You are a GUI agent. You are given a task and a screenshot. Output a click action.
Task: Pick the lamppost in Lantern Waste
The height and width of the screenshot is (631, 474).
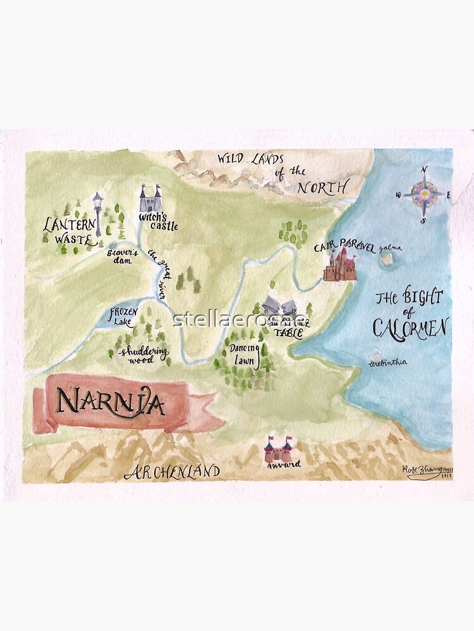(x=97, y=215)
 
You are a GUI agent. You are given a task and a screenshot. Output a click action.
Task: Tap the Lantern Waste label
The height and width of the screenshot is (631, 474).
(x=70, y=231)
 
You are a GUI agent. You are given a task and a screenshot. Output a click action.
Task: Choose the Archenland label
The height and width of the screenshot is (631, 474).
(x=171, y=471)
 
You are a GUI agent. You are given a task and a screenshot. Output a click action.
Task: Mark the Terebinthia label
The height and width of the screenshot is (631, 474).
(x=389, y=362)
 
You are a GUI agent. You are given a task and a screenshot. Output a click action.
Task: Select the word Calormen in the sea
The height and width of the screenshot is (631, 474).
(x=410, y=327)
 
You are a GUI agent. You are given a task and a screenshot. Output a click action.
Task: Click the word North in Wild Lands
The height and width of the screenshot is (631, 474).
(x=322, y=187)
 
